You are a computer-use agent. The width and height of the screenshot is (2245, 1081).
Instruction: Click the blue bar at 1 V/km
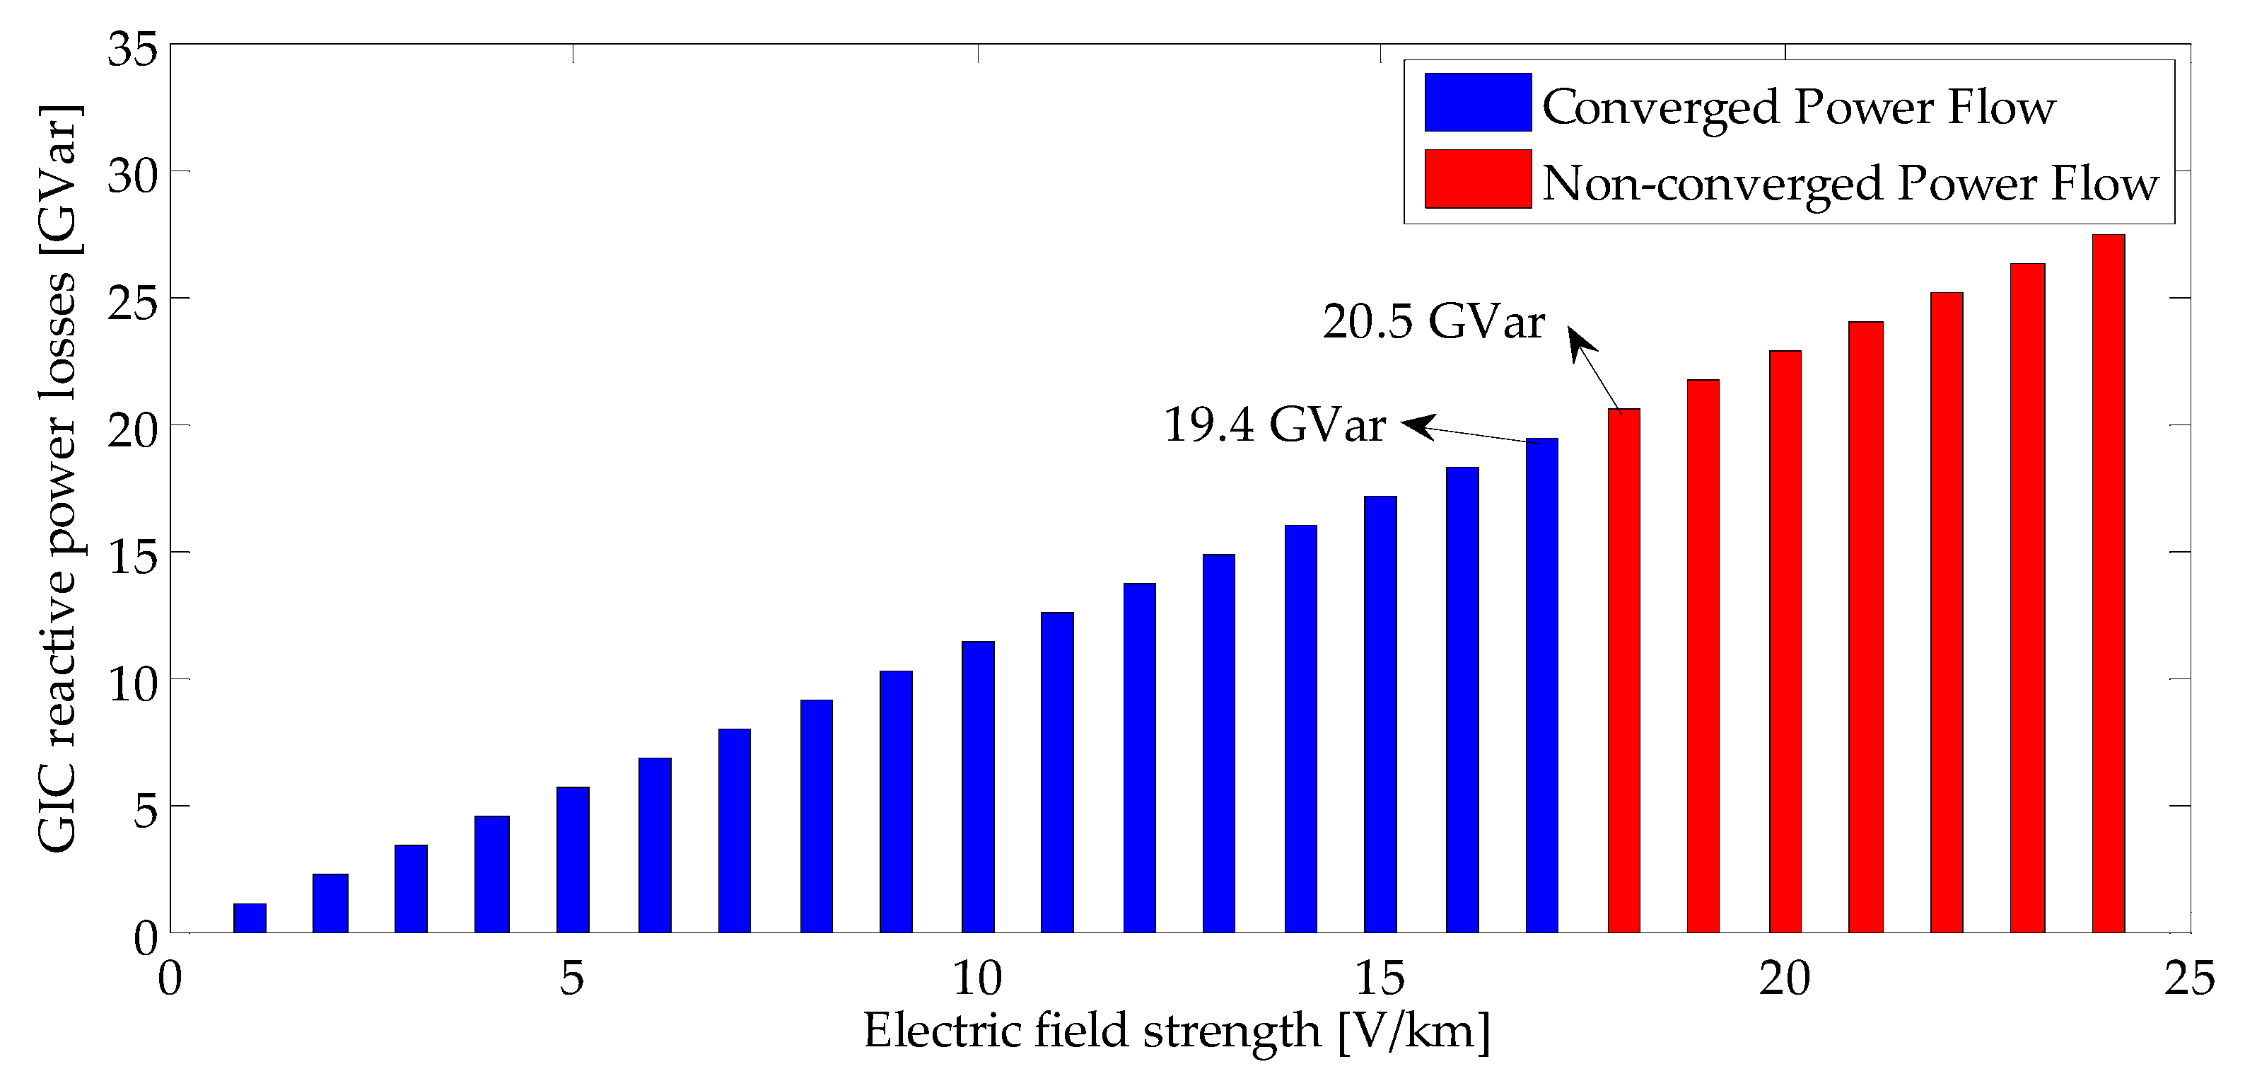(x=250, y=918)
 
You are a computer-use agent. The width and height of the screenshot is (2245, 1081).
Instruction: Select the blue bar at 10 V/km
(x=978, y=787)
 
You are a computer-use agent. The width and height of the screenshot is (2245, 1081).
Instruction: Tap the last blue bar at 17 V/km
(x=1541, y=686)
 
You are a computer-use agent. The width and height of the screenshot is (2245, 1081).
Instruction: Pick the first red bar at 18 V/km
(x=1623, y=671)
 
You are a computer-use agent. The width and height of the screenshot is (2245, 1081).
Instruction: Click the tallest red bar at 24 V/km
(x=2108, y=584)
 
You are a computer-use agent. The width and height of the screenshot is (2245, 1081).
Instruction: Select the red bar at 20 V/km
(x=1785, y=642)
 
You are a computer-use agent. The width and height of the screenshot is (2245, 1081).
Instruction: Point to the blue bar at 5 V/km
(x=573, y=860)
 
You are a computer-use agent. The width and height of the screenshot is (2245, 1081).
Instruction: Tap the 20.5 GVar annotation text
(x=1434, y=323)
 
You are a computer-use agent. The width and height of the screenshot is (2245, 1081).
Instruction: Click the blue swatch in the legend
(x=1478, y=103)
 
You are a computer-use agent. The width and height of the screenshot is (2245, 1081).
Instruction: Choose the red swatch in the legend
(x=1478, y=179)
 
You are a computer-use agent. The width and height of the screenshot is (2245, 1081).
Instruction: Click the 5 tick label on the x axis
(x=572, y=978)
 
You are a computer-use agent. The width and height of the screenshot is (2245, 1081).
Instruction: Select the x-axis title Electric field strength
(x=1176, y=1031)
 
